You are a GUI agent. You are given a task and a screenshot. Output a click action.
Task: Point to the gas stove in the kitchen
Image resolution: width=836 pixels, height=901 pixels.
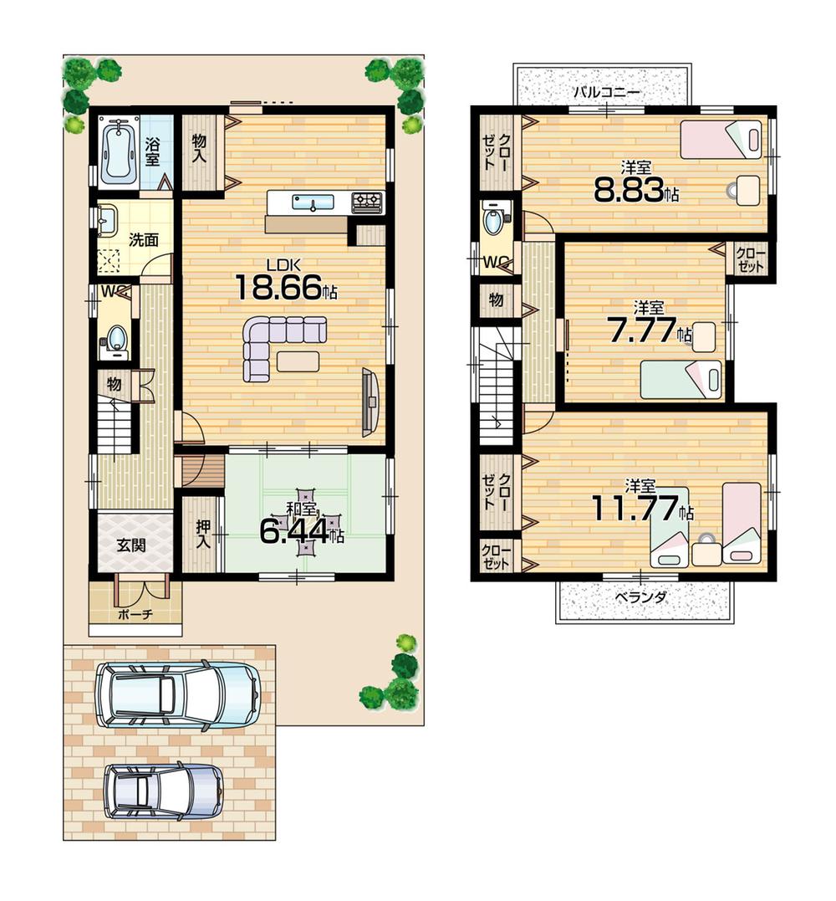pos(366,201)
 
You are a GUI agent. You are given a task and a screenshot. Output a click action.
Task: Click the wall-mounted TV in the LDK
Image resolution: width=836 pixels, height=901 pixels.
pos(370,402)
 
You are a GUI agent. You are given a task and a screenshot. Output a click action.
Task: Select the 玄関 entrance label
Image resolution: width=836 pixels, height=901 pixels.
pos(131,545)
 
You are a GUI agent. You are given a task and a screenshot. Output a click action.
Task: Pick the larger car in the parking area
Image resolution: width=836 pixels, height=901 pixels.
pos(178,694)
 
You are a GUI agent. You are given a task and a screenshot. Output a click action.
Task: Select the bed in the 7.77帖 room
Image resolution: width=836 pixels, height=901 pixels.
pos(681,380)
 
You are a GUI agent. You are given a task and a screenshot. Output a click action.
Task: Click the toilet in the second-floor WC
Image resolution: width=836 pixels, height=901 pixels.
pos(494,224)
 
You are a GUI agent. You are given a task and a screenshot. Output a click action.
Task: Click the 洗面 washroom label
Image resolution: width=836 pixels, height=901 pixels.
pos(144,239)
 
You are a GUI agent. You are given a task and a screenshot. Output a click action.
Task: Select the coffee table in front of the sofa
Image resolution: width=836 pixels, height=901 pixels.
pos(298,361)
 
